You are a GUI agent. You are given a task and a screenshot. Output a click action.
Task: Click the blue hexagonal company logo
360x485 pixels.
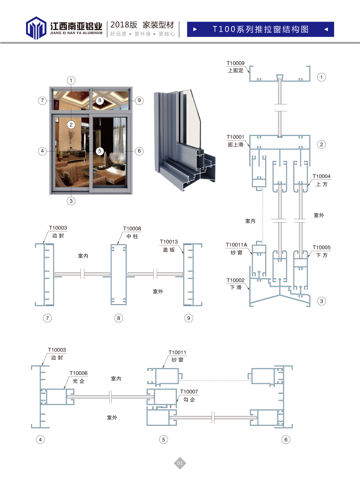(36, 28)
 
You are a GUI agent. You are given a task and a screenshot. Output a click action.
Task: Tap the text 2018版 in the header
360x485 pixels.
(124, 25)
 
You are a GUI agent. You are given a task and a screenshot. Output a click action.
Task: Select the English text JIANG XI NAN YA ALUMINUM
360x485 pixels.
(76, 33)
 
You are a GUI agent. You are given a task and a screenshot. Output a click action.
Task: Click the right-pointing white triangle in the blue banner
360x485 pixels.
(195, 29)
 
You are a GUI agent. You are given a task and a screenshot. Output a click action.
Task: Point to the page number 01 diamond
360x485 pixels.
(180, 463)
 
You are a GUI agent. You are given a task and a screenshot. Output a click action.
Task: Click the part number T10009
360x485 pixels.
(235, 63)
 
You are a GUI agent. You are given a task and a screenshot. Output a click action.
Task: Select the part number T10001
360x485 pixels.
(235, 137)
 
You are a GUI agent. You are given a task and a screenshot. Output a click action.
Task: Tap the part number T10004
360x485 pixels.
(321, 176)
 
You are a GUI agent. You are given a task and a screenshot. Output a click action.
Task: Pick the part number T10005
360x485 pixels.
(321, 248)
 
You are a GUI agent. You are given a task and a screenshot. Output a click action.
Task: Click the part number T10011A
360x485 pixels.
(236, 245)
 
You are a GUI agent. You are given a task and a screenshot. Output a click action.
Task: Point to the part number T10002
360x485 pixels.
(235, 280)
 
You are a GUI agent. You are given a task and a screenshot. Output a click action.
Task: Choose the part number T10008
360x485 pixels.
(132, 229)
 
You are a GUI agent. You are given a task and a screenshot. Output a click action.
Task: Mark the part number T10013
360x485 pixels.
(169, 242)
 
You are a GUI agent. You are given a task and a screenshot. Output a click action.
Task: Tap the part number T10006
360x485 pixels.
(79, 373)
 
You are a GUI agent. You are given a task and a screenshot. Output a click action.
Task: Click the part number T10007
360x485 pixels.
(189, 392)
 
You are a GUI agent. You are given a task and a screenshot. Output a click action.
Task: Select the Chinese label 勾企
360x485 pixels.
(189, 400)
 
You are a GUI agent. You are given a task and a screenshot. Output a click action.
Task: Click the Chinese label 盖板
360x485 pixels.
(169, 250)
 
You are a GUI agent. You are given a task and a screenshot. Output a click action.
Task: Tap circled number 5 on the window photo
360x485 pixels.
(100, 151)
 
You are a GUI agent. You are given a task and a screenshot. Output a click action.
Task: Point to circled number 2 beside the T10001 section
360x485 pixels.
(321, 144)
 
